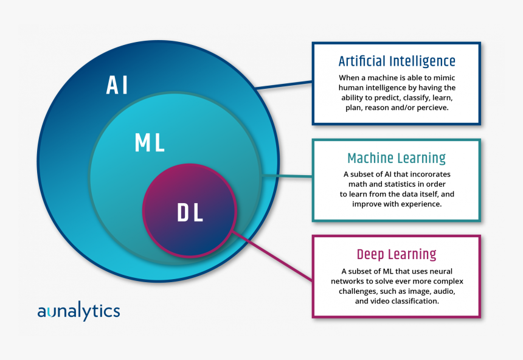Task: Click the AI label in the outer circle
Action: tap(117, 85)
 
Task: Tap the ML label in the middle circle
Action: tap(150, 144)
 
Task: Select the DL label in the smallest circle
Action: tap(190, 213)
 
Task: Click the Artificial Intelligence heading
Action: tap(397, 61)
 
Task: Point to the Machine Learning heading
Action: tap(397, 159)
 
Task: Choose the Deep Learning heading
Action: tap(397, 254)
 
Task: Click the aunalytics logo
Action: tap(78, 311)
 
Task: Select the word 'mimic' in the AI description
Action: tap(442, 78)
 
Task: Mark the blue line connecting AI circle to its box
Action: tap(283, 85)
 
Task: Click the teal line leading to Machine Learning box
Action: tap(287, 177)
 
